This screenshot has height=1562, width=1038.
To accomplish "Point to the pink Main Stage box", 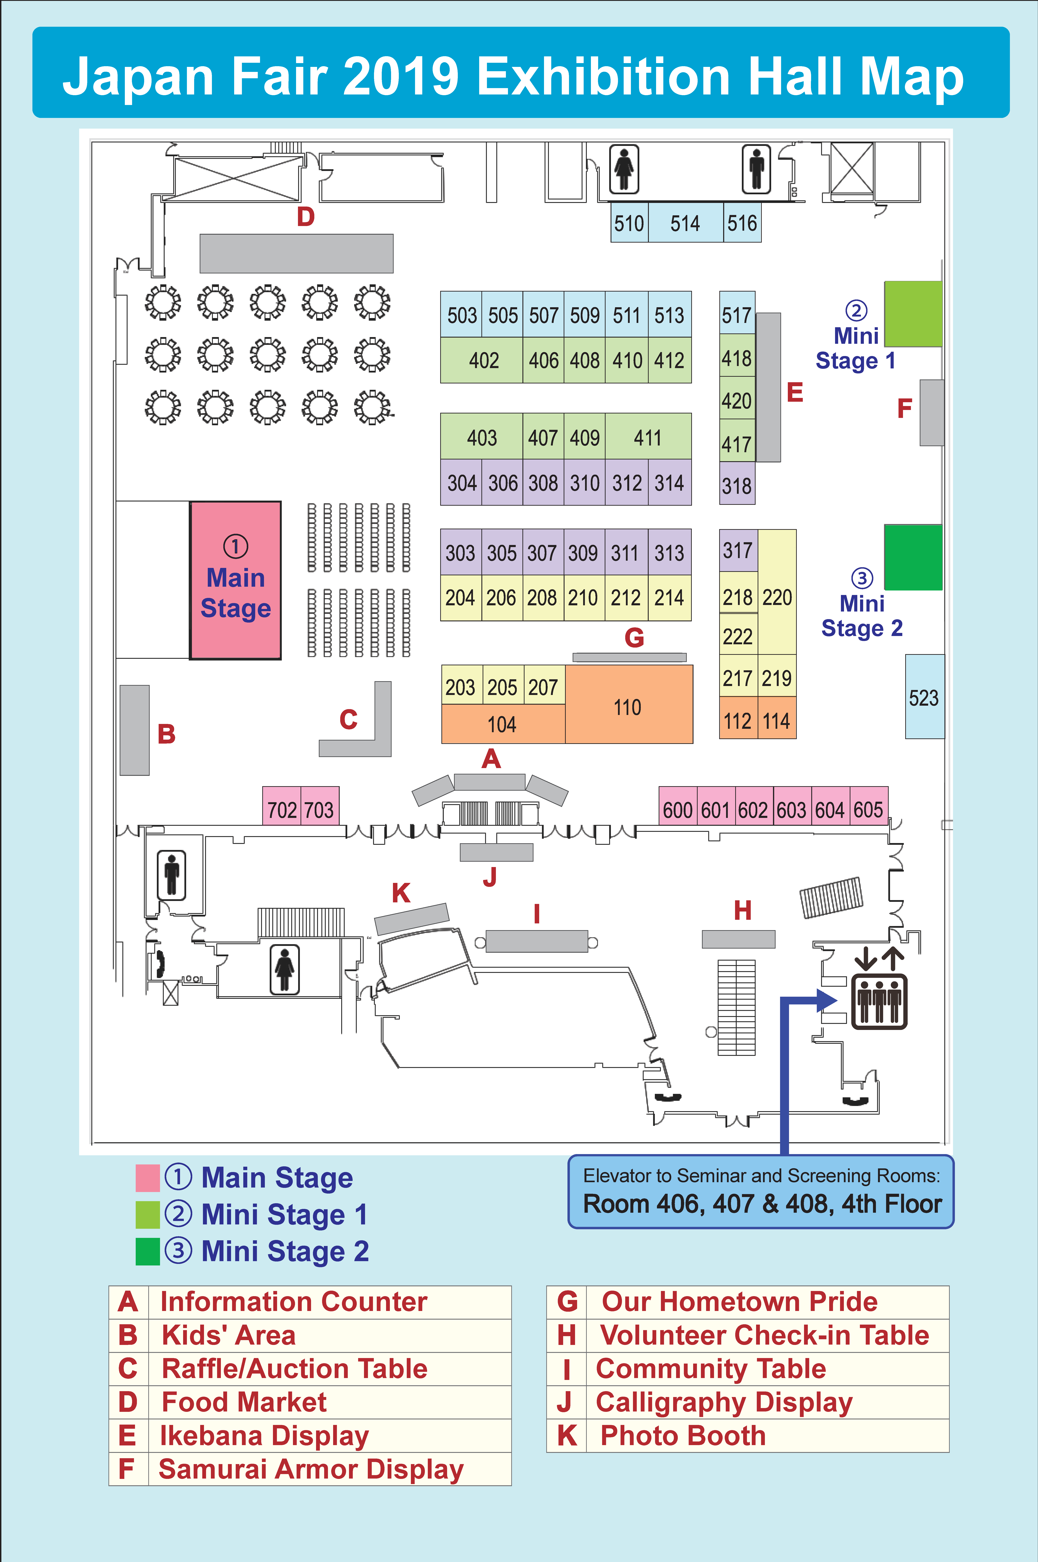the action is (236, 580).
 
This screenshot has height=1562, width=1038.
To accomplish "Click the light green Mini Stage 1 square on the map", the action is (913, 314).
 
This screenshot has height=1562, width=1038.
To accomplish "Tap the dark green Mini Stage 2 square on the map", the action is (913, 557).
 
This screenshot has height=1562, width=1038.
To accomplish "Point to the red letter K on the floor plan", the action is (401, 893).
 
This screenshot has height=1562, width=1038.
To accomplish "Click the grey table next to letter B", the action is (134, 730).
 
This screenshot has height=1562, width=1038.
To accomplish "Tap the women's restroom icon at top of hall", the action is (624, 169).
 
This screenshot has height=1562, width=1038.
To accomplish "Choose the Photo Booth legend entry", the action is (682, 1436).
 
